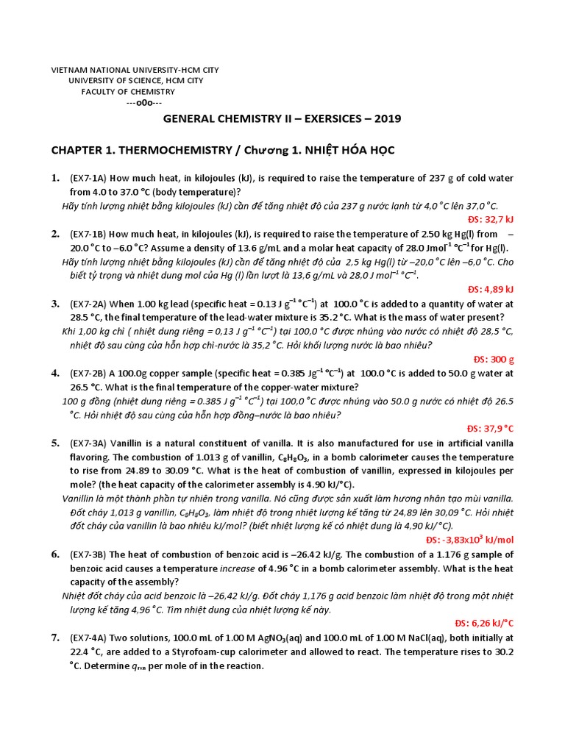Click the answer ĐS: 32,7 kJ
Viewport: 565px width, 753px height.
point(491,219)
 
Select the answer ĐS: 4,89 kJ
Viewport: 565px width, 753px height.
point(491,289)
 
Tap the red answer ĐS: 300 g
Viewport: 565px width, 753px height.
point(494,359)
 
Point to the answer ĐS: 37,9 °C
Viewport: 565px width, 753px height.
point(490,428)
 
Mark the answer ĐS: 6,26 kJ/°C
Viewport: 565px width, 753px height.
point(488,623)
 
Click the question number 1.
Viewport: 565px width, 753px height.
point(54,179)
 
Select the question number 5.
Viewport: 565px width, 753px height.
point(55,443)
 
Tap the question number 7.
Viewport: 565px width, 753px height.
point(55,638)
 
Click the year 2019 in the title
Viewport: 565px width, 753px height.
point(387,118)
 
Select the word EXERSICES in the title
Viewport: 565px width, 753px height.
point(324,118)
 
